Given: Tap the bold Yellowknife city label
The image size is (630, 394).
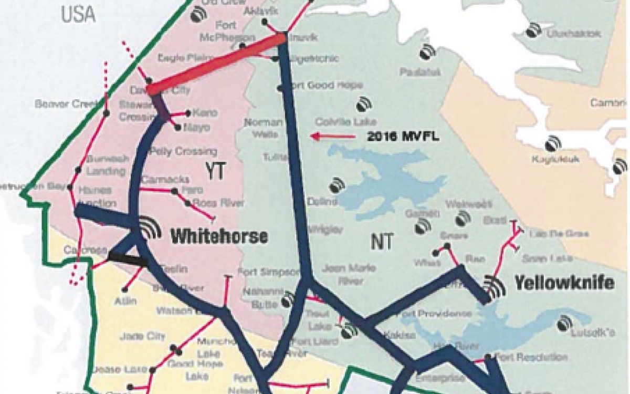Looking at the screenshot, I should (x=564, y=283).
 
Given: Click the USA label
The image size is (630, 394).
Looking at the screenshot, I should (x=78, y=14).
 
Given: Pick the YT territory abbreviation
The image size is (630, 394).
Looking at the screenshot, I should (x=215, y=172).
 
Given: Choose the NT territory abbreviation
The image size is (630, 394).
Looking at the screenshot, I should (x=383, y=242).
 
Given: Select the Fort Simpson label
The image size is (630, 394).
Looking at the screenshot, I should (x=268, y=272).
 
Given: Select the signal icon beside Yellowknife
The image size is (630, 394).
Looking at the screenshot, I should (x=495, y=287).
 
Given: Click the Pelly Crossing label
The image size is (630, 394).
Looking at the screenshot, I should (x=183, y=152).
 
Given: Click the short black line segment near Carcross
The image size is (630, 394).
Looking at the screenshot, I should (x=128, y=258).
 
